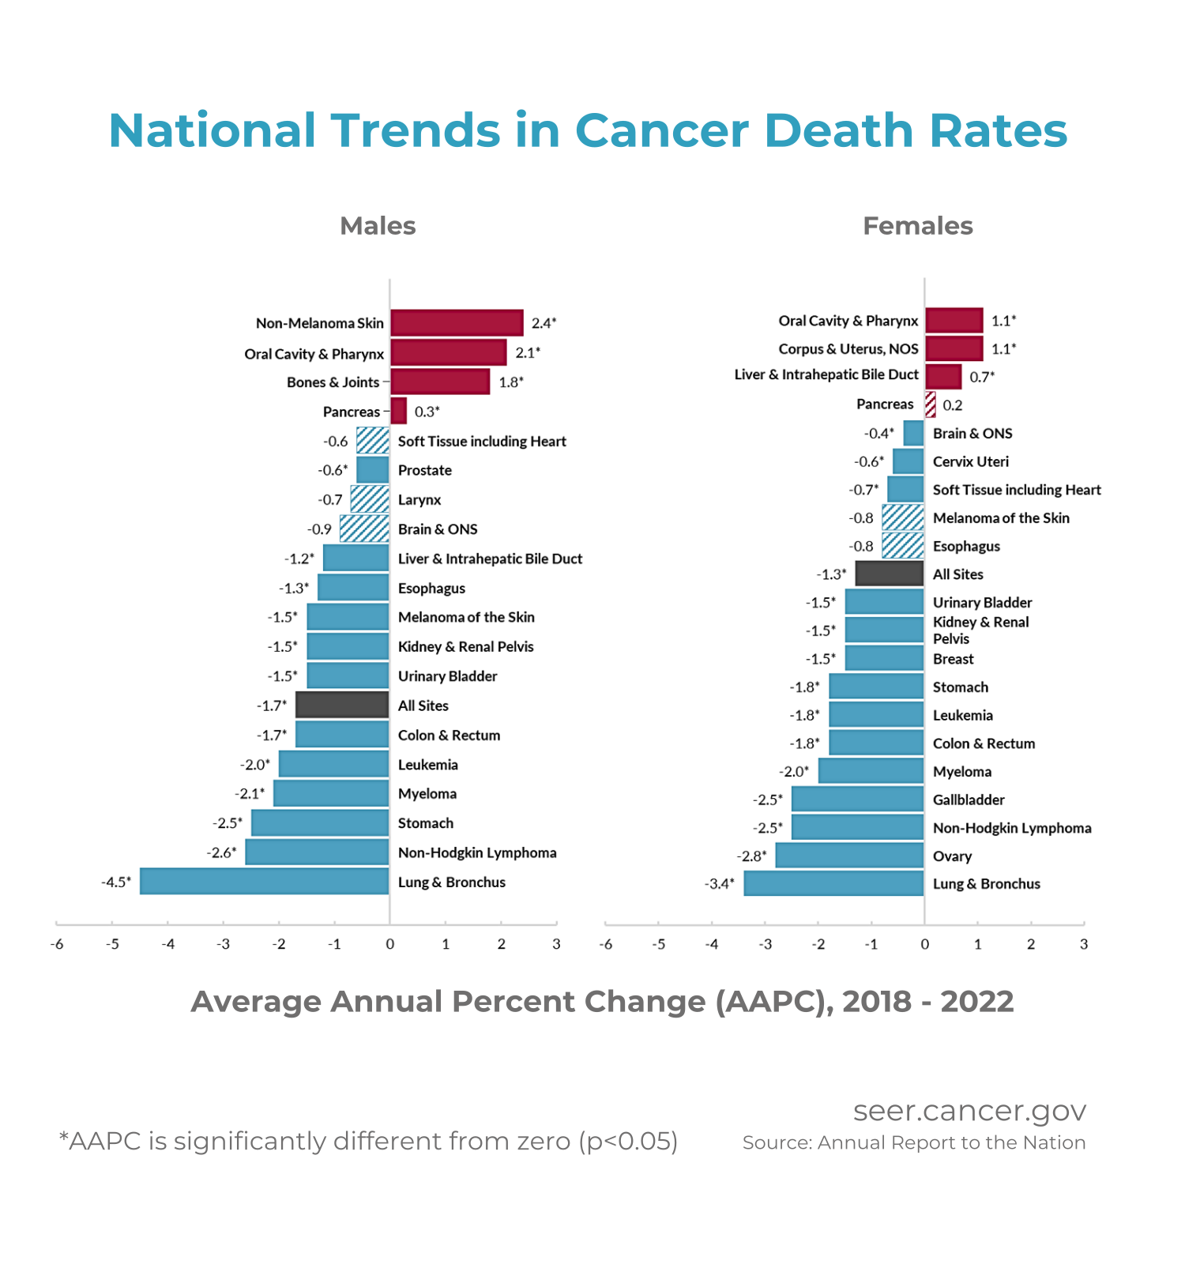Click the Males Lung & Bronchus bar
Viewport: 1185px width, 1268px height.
264,881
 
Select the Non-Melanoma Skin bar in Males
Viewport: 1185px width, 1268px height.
457,322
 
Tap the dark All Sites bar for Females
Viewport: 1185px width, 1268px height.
890,574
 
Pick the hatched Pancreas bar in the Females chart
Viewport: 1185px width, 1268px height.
931,404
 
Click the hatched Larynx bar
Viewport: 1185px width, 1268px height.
370,499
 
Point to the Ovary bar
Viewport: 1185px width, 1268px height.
849,856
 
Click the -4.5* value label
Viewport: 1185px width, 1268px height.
116,882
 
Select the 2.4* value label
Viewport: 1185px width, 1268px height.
544,322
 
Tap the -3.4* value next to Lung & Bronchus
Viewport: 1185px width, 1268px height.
719,883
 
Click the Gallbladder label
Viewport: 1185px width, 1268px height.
969,800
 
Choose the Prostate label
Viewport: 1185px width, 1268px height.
425,470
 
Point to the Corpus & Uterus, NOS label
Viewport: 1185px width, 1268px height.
848,348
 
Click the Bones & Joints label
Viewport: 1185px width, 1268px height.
333,382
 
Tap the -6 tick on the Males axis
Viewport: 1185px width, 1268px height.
57,944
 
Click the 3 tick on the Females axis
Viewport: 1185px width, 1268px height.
1084,944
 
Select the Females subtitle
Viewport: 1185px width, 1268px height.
917,226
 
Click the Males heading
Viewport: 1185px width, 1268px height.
378,226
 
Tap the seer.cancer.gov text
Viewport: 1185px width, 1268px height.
969,1110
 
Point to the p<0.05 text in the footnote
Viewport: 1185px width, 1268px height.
629,1141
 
